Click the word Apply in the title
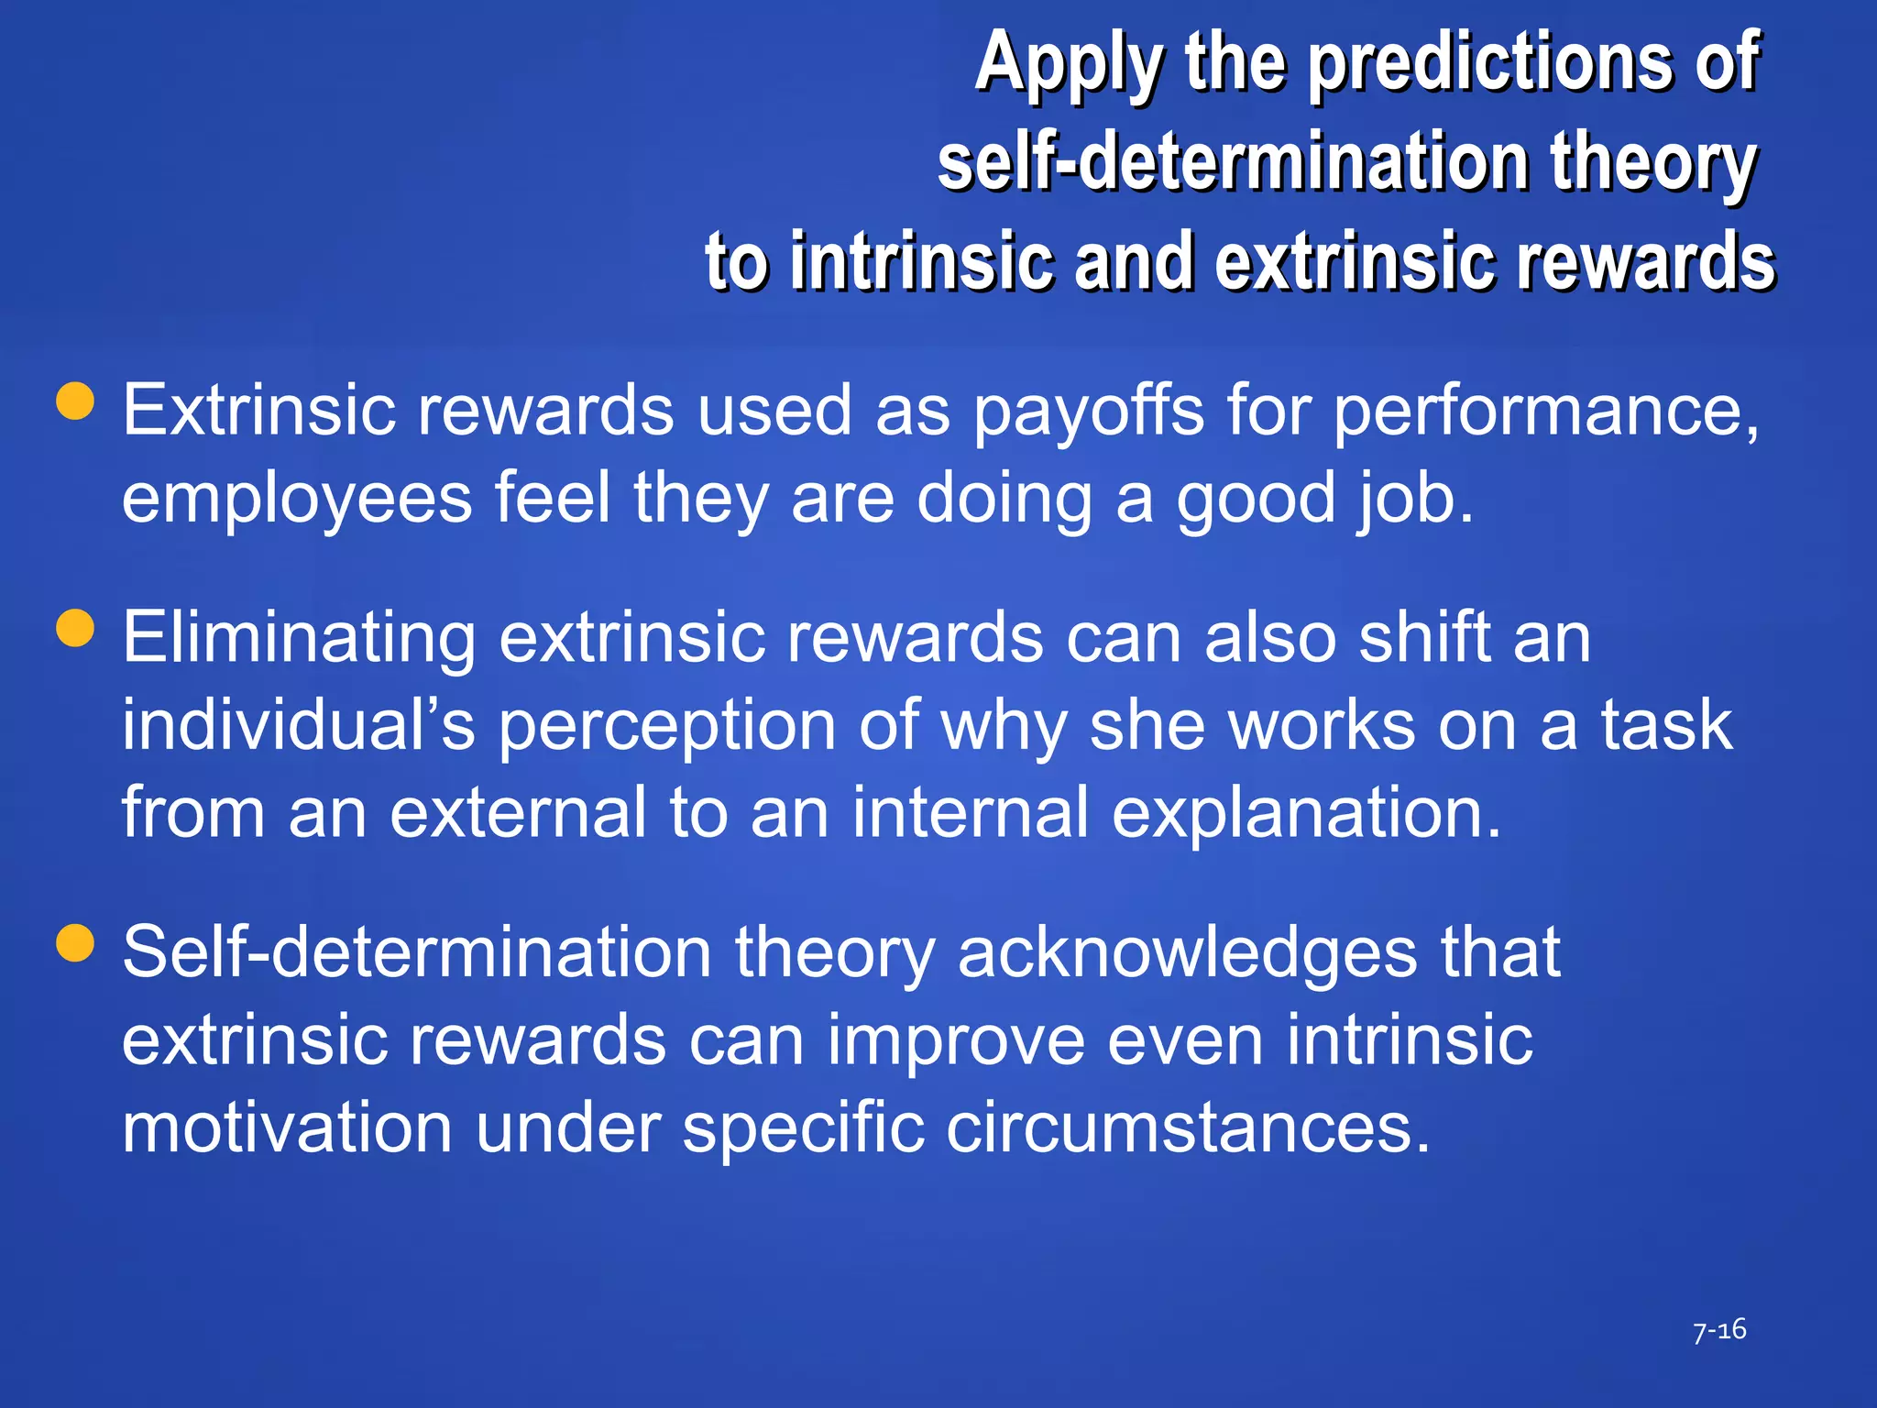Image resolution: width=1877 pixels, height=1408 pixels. [x=1069, y=64]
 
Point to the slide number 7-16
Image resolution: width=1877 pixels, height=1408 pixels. [x=1719, y=1330]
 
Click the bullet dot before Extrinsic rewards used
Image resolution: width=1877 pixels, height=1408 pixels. [x=75, y=401]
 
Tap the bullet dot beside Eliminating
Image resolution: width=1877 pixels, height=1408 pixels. [x=75, y=629]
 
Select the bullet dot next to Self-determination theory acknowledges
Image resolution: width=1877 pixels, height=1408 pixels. [x=75, y=942]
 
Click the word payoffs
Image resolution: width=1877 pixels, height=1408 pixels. [x=1088, y=412]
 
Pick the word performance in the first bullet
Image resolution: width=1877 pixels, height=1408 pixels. [x=1545, y=412]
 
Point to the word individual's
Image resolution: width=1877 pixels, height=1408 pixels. [x=299, y=725]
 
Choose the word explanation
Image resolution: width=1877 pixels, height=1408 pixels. [x=1305, y=813]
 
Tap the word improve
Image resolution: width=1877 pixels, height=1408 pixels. [x=956, y=1040]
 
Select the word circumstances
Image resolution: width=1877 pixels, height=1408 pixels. [x=1187, y=1128]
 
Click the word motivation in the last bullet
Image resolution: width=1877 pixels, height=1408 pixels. [x=287, y=1128]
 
